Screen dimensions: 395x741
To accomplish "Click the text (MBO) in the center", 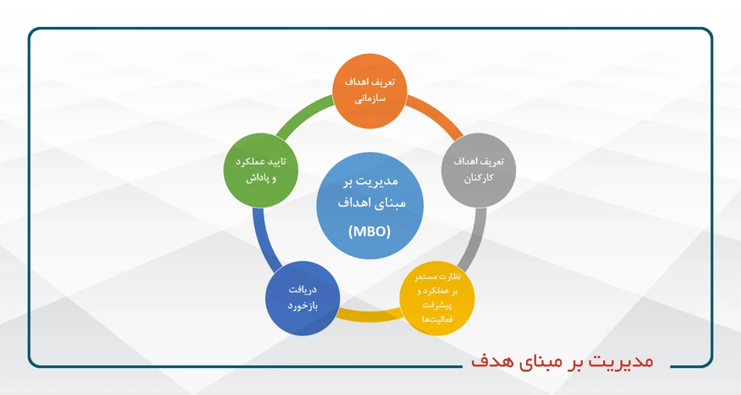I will pyautogui.click(x=370, y=231).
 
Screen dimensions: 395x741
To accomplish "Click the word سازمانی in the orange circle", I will pyautogui.click(x=370, y=100).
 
